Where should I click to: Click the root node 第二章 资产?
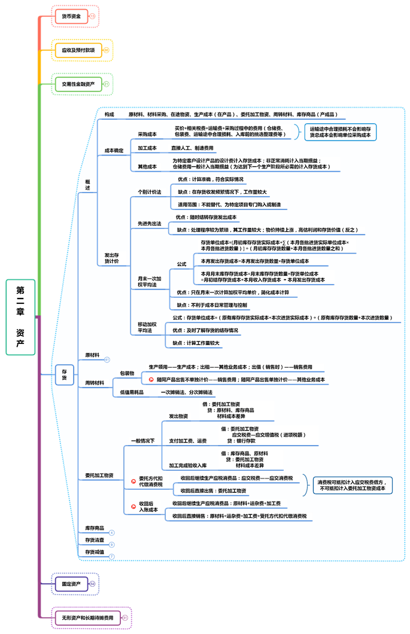coord(20,317)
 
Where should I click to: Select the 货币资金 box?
coord(71,16)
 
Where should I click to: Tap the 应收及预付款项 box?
coord(78,50)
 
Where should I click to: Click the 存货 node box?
coord(65,375)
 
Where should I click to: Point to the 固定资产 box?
coord(71,583)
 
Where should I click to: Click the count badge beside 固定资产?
coord(93,583)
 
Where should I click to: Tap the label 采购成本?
coord(147,135)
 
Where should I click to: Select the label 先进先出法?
coord(150,223)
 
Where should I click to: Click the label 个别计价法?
coord(150,192)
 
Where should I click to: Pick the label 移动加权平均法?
coord(147,327)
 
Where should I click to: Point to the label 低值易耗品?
coord(132,392)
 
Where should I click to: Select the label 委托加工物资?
coord(99,475)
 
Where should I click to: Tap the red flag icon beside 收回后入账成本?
coord(133,507)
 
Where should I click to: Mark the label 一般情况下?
coord(143,441)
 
